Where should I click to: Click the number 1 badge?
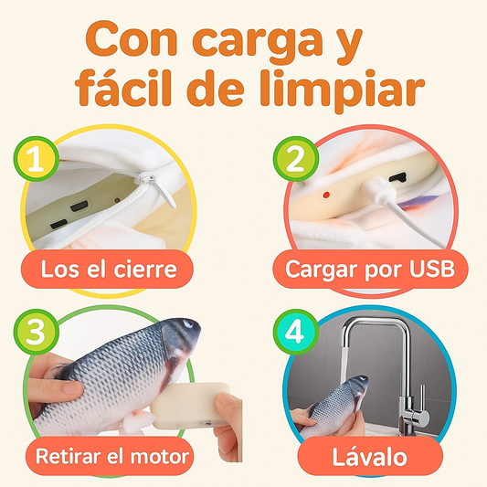point(36,159)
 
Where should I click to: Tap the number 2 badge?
point(296,159)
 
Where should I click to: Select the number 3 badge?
point(36,332)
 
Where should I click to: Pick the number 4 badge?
point(296,332)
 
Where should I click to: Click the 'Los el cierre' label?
point(108,269)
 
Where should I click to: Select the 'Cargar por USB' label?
point(370,269)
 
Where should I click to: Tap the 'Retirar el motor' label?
point(111,456)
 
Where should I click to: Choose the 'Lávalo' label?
point(370,457)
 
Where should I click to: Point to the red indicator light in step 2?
point(326,195)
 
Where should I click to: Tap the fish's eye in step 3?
point(187,324)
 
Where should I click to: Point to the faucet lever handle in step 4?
point(422,404)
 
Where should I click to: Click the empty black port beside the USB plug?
point(398,178)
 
